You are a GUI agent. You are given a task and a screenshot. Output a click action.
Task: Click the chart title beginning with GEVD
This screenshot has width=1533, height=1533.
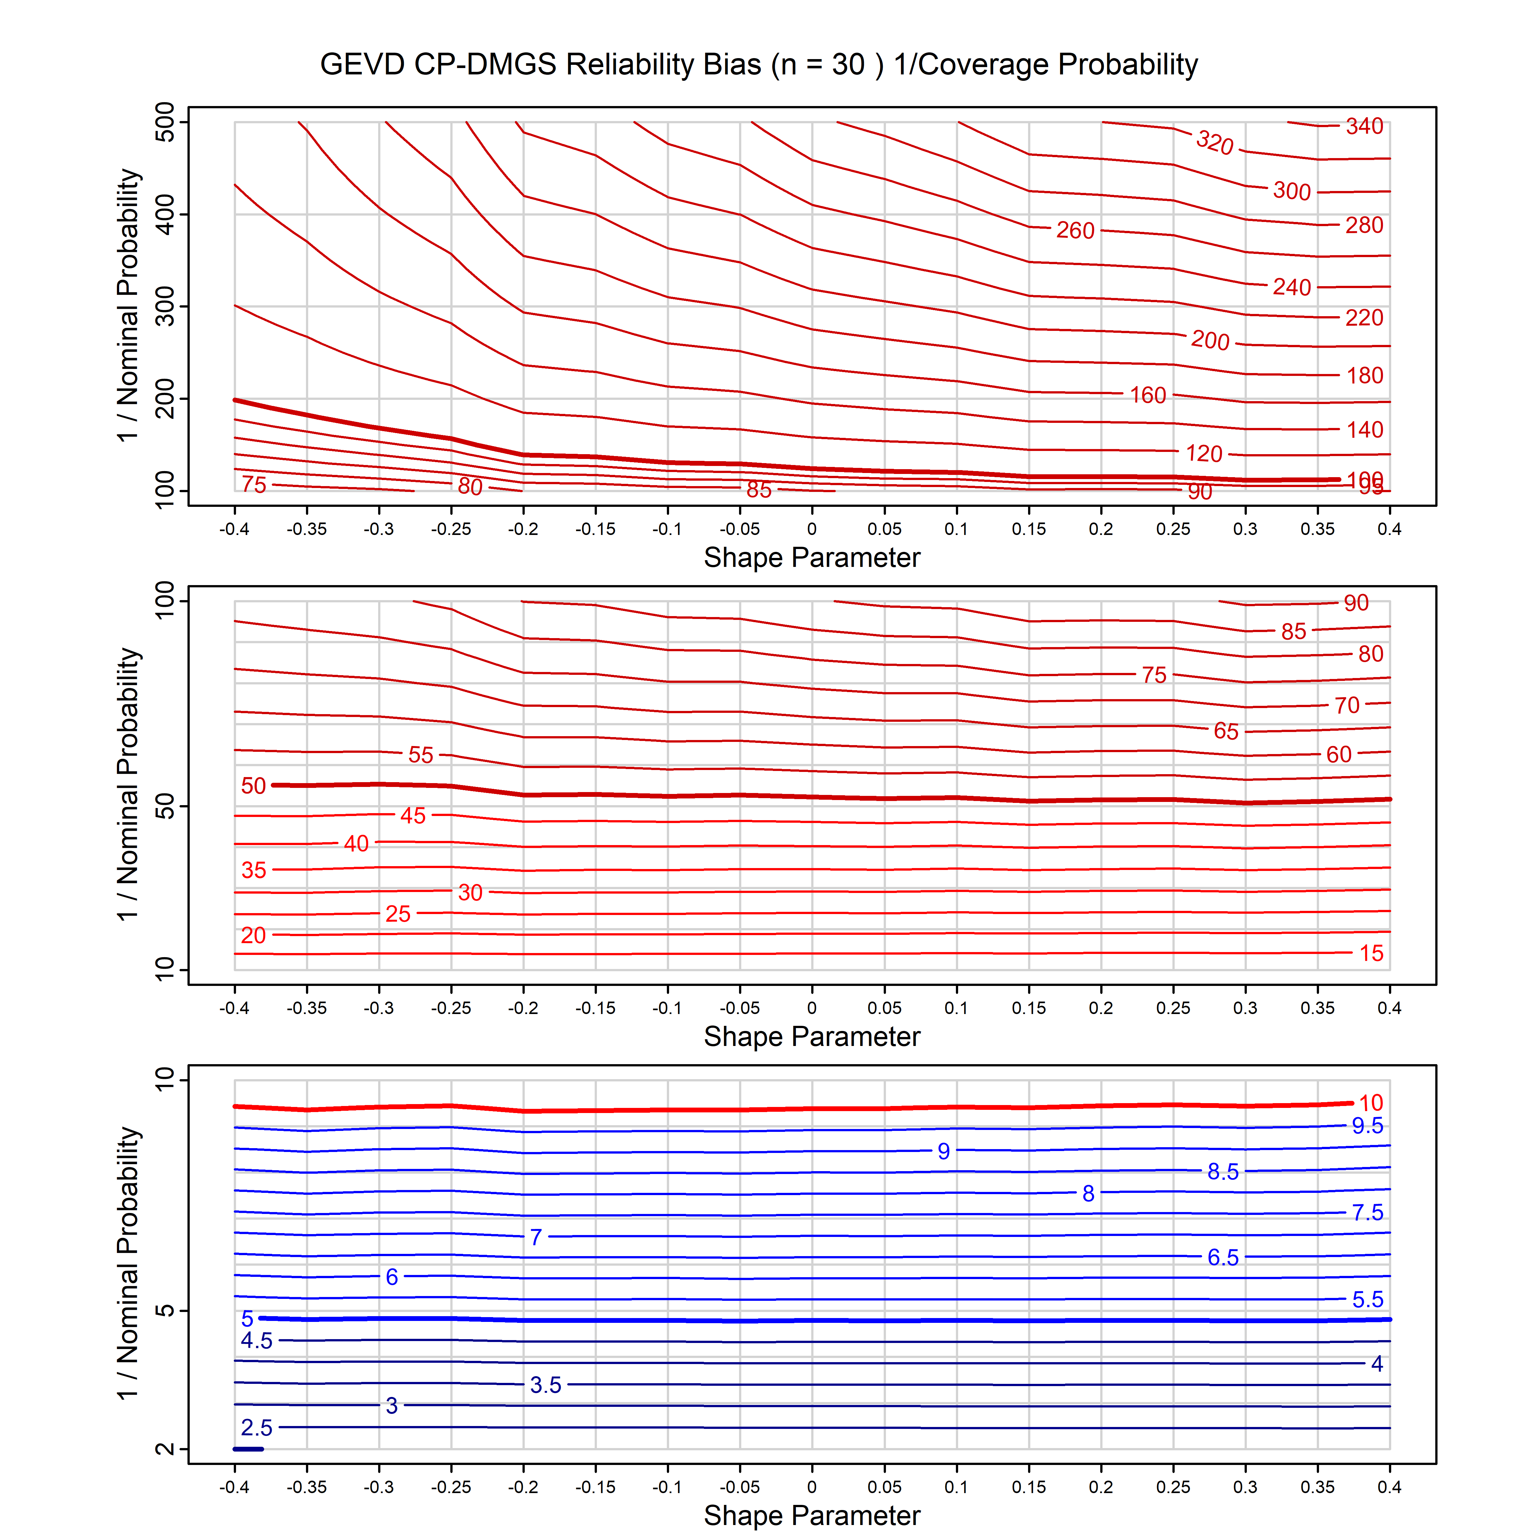(759, 64)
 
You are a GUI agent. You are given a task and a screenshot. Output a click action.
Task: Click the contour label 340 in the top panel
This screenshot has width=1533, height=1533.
(1364, 126)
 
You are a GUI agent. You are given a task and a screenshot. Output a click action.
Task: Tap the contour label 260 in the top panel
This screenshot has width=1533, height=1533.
(1075, 230)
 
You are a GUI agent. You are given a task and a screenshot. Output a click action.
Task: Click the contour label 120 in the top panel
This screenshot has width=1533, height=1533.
(1204, 454)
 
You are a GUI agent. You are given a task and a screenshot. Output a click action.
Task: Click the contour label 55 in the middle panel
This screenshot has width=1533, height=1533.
(421, 755)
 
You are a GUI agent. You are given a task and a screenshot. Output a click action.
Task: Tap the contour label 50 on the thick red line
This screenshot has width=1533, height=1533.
(253, 786)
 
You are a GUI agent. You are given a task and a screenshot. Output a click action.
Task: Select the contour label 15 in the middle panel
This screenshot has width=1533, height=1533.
(1371, 953)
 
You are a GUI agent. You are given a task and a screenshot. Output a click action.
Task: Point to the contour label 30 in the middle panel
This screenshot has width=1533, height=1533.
(470, 893)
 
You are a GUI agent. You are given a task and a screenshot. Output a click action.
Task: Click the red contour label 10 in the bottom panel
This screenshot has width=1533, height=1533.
(1371, 1103)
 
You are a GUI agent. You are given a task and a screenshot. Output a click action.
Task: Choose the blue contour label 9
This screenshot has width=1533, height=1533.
(943, 1151)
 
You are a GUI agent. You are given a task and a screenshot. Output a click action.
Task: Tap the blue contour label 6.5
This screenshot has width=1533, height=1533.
(1223, 1258)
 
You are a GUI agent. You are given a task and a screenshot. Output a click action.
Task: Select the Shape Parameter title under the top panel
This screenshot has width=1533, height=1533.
(812, 558)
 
